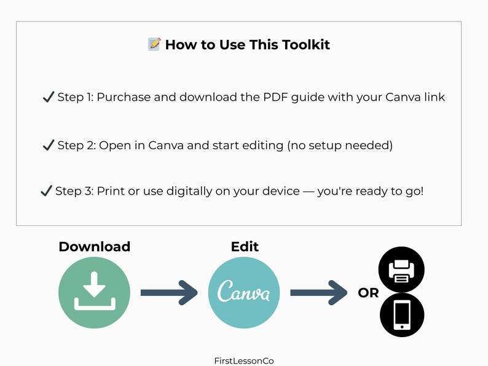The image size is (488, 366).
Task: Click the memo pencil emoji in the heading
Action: click(x=154, y=44)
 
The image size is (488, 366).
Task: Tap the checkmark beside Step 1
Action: click(x=48, y=97)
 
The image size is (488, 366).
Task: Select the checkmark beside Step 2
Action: click(x=48, y=145)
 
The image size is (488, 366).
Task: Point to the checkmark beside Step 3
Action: click(x=45, y=191)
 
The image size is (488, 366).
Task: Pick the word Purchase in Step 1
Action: click(x=121, y=97)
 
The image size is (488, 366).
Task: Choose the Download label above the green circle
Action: click(x=94, y=247)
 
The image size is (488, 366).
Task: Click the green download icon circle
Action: click(x=94, y=292)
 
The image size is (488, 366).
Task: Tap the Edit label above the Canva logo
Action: click(x=245, y=247)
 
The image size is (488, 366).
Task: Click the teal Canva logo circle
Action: click(x=244, y=292)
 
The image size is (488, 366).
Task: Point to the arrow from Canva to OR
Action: click(x=318, y=292)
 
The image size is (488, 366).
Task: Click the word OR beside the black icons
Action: click(x=368, y=294)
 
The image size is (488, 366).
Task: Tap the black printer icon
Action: click(x=402, y=270)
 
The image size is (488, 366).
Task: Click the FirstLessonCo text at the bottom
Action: click(x=243, y=361)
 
